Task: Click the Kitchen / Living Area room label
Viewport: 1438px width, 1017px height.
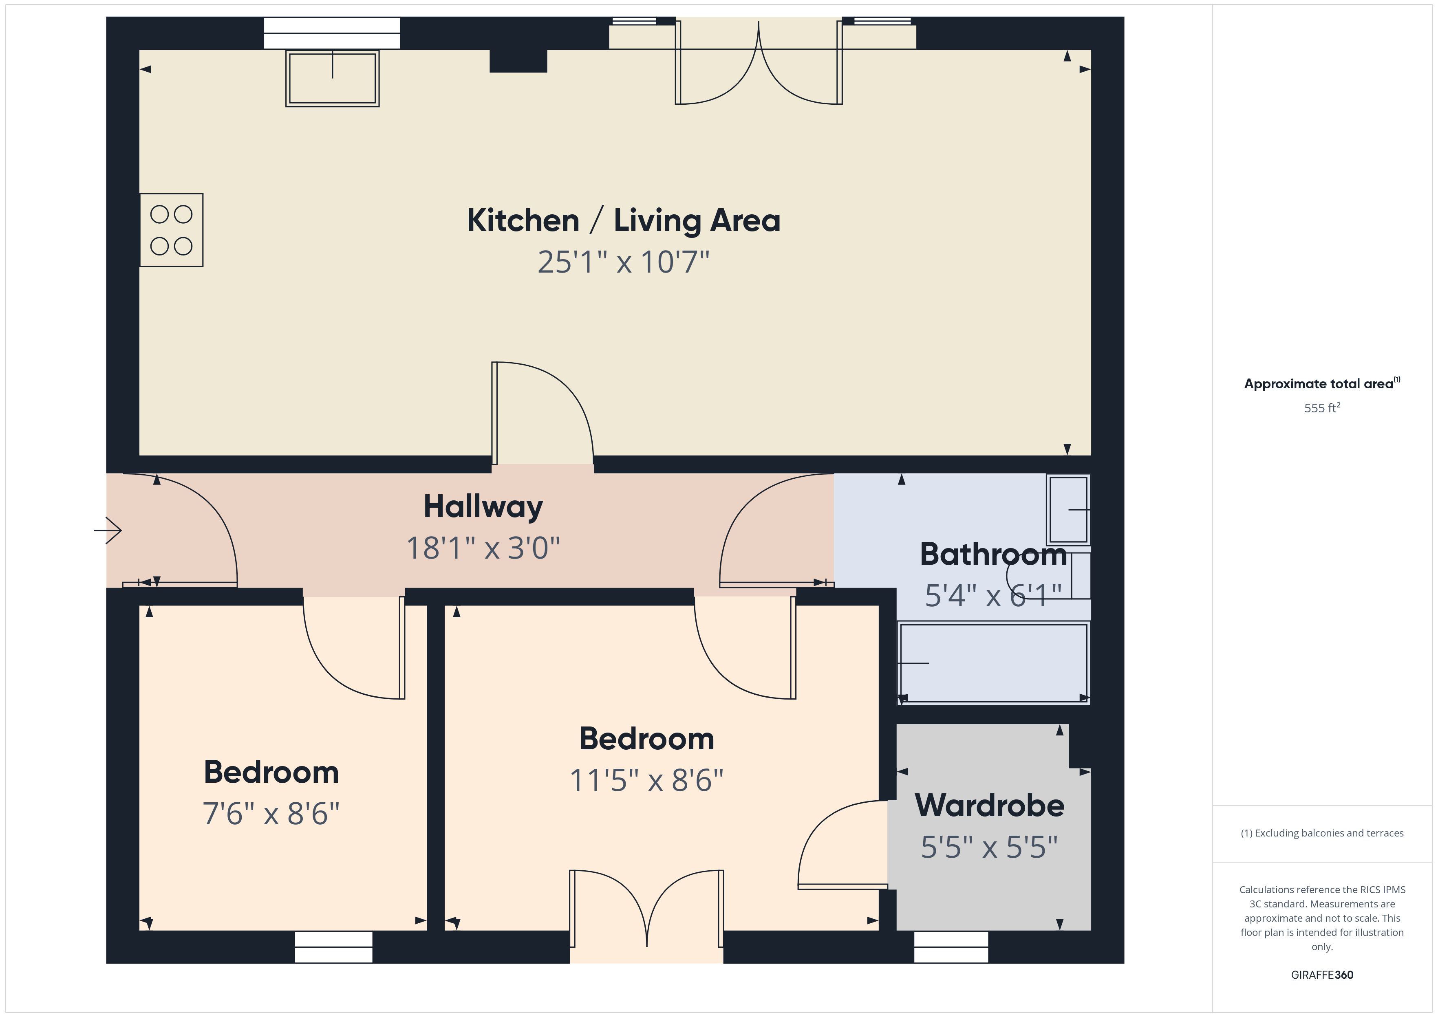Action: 623,220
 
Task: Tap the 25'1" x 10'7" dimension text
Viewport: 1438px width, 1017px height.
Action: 623,262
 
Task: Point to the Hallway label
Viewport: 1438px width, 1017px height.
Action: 483,506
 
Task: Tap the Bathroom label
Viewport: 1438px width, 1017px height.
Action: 992,554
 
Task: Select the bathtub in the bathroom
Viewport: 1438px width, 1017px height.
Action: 993,663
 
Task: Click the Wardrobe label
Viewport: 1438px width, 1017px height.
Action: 989,806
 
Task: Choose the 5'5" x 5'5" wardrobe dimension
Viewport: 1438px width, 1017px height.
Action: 989,847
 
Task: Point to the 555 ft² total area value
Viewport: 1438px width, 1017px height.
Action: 1321,408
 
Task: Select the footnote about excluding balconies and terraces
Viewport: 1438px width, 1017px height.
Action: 1321,833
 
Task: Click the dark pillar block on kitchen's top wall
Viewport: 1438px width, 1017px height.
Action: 518,61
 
